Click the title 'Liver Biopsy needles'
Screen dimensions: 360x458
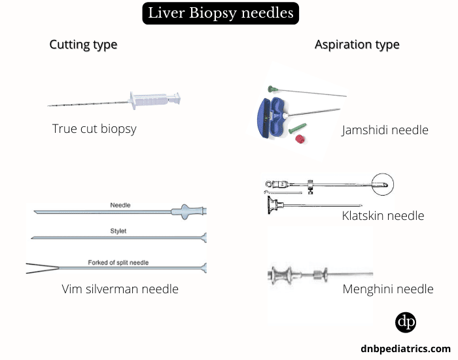pos(220,13)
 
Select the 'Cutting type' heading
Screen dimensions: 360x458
pos(83,45)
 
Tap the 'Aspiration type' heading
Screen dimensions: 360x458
pos(357,45)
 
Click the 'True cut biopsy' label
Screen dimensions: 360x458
pos(94,129)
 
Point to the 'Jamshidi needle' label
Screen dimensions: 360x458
pos(385,130)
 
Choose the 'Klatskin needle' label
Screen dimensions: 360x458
pos(383,215)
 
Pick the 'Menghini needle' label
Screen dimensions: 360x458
pos(388,289)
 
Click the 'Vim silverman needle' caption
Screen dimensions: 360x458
pos(120,289)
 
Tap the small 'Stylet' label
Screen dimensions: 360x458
pos(119,231)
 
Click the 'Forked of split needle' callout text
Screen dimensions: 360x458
pos(118,262)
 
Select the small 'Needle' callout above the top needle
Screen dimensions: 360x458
pos(120,205)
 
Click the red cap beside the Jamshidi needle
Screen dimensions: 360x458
pos(302,139)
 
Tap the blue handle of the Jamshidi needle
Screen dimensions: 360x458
pos(269,117)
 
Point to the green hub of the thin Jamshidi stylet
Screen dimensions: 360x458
pos(273,88)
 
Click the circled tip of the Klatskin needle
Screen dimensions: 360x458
pos(383,185)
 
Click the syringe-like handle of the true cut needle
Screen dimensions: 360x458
pos(154,100)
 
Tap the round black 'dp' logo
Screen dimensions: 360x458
pos(406,323)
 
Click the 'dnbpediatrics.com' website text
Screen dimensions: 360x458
pos(405,349)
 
